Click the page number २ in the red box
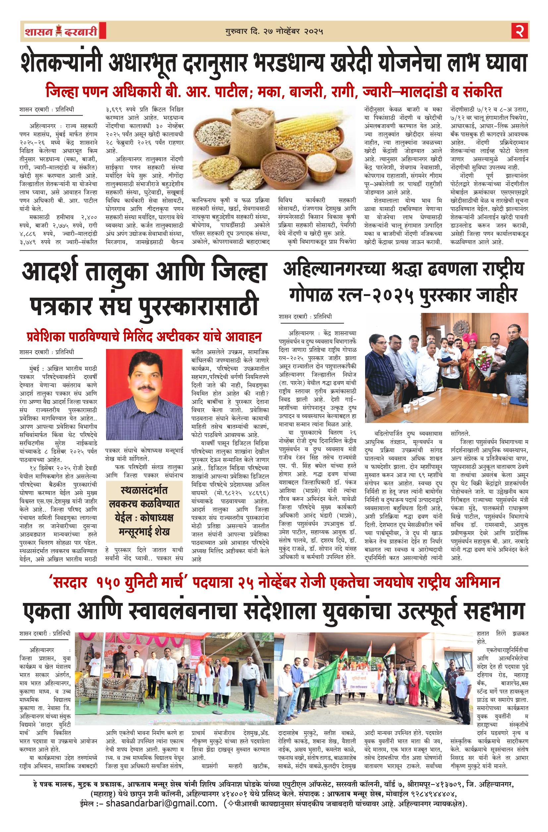[520, 31]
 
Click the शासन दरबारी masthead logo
[61, 31]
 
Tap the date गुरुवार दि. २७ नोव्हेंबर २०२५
[274, 31]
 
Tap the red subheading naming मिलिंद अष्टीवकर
[144, 337]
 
